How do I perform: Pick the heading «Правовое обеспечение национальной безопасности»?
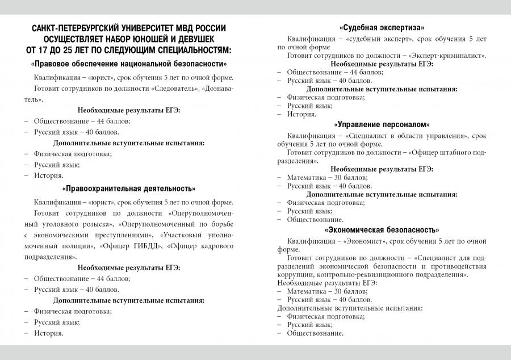click(129, 64)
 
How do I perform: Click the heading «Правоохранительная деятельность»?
click(129, 189)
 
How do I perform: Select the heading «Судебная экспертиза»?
click(382, 27)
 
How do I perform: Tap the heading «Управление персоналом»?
click(382, 124)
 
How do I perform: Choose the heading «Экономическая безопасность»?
click(382, 230)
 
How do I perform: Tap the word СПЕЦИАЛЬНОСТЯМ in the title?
click(193, 50)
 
